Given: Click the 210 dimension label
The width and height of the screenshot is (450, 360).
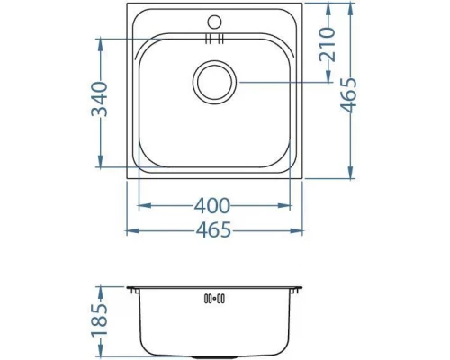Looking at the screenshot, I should click(328, 43).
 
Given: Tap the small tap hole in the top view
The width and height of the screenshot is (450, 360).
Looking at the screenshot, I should click(215, 20).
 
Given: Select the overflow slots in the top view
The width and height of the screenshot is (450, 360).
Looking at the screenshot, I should click(214, 40).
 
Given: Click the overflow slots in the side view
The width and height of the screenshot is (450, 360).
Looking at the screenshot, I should click(215, 298).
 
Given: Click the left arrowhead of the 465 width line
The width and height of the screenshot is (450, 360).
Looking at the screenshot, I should click(130, 230).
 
